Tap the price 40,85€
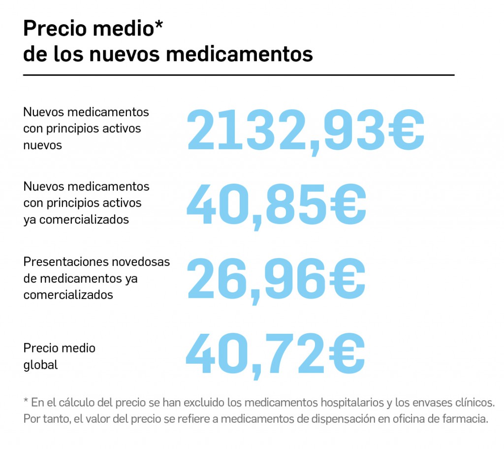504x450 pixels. pyautogui.click(x=276, y=205)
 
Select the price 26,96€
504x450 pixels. pyautogui.click(x=276, y=280)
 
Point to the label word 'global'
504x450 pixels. pyautogui.click(x=40, y=365)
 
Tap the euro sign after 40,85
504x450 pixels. pyautogui.click(x=348, y=205)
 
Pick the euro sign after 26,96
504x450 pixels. pyautogui.click(x=347, y=280)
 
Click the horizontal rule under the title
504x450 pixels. pyautogui.click(x=239, y=75)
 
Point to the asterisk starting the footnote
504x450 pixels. pyautogui.click(x=26, y=401)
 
